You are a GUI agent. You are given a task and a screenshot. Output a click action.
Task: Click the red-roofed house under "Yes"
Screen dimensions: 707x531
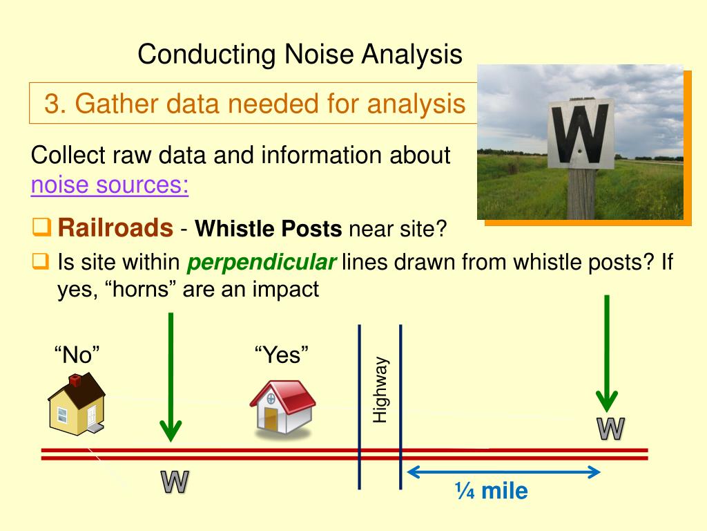[282, 409]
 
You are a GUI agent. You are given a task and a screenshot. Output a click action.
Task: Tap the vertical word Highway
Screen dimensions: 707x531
[380, 389]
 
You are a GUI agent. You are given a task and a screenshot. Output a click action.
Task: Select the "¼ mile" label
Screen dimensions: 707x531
[491, 492]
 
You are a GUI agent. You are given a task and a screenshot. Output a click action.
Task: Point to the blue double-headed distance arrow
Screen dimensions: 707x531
[503, 472]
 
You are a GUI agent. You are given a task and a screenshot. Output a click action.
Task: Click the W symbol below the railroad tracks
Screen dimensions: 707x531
[175, 482]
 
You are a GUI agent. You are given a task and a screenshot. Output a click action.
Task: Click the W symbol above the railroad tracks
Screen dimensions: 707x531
[610, 429]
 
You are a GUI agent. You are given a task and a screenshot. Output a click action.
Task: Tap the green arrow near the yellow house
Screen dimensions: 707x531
[170, 377]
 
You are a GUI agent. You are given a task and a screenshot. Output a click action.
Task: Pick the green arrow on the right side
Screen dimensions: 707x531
[607, 353]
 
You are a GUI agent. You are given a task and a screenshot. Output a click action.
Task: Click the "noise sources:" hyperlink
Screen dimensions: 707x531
[110, 185]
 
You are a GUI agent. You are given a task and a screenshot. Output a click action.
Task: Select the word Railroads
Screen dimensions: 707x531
[115, 227]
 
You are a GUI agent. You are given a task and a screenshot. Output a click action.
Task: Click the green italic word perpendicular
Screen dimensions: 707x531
[262, 263]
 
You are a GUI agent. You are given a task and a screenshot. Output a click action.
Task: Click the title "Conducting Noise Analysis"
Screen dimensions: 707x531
[300, 54]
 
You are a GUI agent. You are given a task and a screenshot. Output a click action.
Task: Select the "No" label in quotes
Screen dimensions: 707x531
[77, 356]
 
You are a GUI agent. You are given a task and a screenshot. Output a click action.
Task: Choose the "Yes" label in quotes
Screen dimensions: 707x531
[281, 356]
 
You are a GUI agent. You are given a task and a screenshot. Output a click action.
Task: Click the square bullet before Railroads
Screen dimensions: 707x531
[41, 226]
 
